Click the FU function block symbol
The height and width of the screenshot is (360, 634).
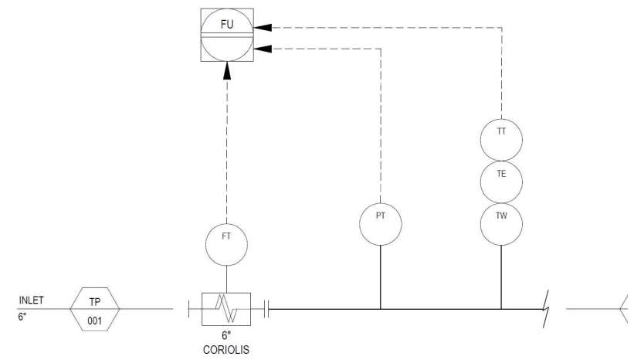[227, 36]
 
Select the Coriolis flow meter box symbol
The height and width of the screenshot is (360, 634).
[226, 309]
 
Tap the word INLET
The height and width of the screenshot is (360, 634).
[31, 301]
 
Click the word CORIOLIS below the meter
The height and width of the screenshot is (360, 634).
[226, 350]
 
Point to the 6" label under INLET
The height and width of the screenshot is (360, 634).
[22, 316]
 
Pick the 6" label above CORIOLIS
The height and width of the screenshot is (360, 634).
[226, 335]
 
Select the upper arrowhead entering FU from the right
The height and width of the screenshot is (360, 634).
[263, 28]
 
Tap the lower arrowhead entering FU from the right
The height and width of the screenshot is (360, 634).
[263, 49]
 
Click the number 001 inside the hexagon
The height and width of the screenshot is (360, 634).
[95, 321]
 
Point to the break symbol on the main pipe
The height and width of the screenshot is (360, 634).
[546, 309]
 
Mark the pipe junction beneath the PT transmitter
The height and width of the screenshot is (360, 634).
[381, 310]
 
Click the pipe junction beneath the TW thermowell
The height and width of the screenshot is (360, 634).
[501, 310]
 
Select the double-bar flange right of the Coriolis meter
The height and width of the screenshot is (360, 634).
[266, 309]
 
